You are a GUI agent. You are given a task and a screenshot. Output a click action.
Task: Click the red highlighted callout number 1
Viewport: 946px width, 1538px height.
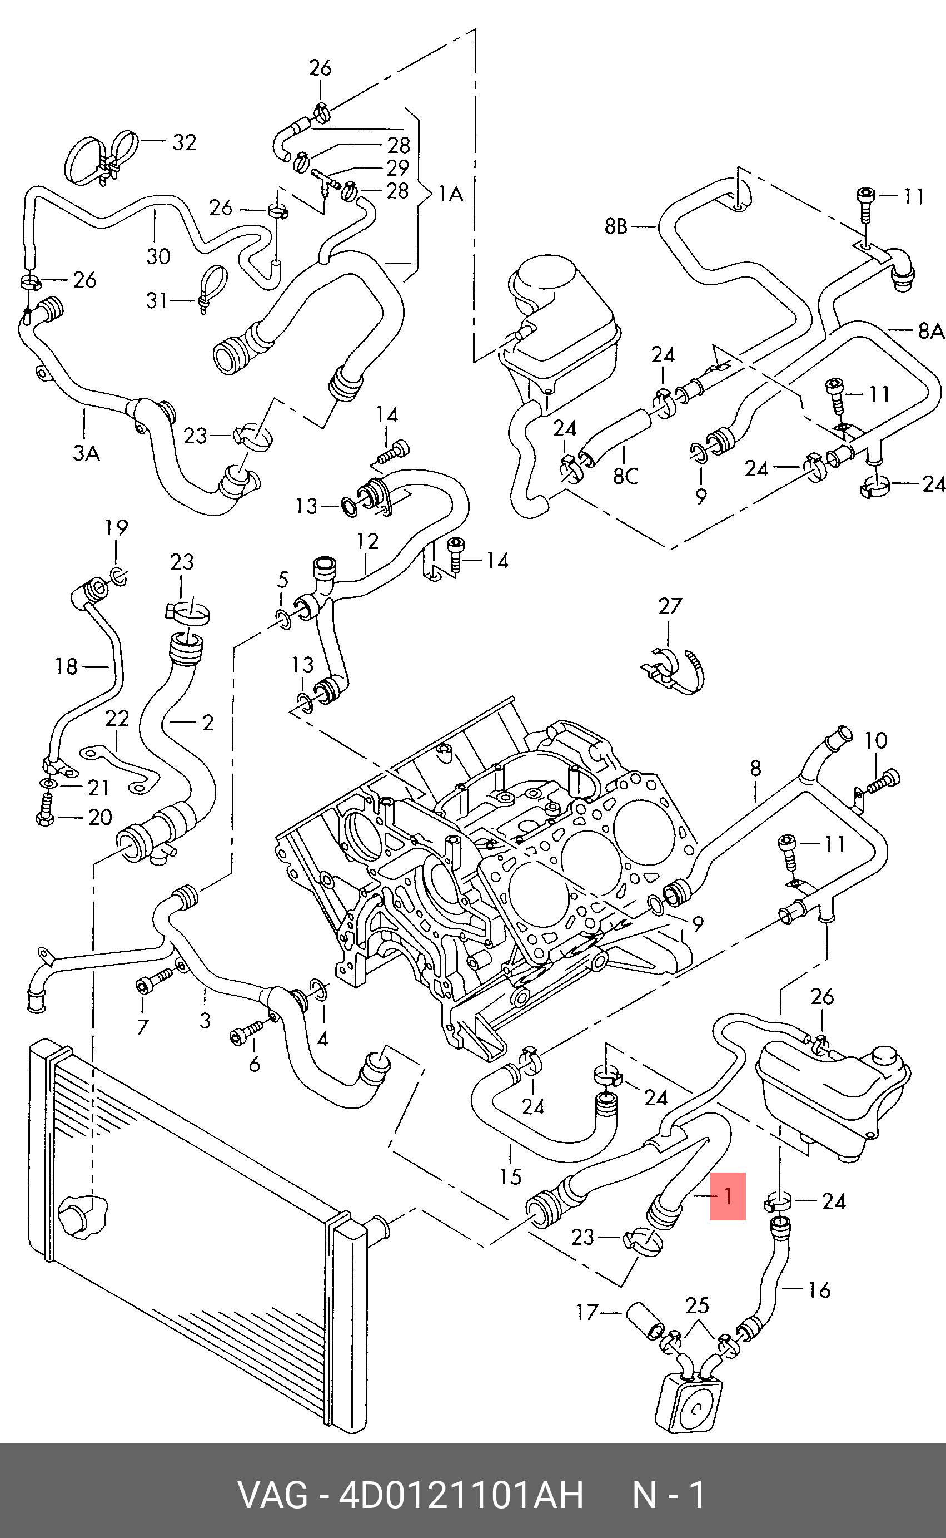click(727, 1197)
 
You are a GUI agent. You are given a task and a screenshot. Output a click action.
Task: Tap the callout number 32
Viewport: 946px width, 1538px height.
click(184, 143)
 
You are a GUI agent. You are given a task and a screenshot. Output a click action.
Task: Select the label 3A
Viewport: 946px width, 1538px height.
click(86, 452)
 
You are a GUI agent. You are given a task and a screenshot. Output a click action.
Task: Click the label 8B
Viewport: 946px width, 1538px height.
click(616, 226)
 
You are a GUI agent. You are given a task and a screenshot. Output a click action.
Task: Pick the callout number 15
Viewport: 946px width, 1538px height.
click(511, 1177)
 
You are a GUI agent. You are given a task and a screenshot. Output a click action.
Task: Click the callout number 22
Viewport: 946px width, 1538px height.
click(117, 718)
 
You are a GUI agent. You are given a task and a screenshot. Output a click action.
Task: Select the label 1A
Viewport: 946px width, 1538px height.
click(450, 195)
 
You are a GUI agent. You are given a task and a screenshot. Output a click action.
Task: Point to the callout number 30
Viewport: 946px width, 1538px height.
click(158, 256)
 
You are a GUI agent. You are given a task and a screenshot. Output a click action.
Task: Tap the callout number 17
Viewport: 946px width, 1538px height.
click(587, 1312)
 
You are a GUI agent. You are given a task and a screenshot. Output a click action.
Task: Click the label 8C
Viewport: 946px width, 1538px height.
click(625, 476)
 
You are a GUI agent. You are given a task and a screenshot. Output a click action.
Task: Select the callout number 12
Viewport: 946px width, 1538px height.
click(368, 541)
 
